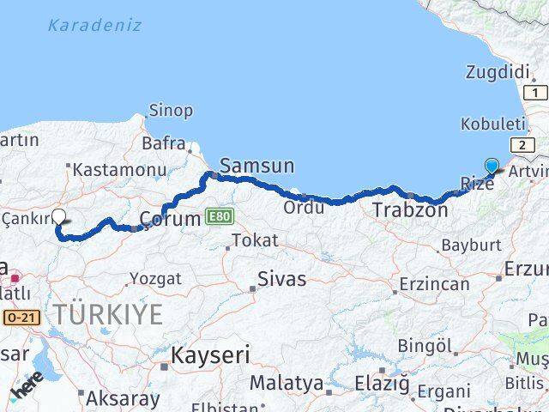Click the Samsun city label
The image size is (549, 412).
(x=256, y=166)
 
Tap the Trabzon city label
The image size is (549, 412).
(x=410, y=209)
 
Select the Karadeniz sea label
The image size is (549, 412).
(x=94, y=25)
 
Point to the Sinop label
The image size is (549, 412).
(x=171, y=110)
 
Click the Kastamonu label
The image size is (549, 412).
(x=119, y=170)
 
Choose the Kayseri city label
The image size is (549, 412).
(x=210, y=354)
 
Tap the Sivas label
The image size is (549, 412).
(x=282, y=279)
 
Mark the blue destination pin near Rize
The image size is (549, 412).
(x=492, y=166)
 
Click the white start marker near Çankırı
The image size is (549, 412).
(x=59, y=217)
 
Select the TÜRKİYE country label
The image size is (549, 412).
(x=106, y=315)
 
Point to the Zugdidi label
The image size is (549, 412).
(x=497, y=72)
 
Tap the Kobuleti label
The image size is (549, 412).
(x=492, y=124)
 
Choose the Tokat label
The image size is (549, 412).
(x=255, y=240)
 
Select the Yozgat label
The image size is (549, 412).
(x=155, y=278)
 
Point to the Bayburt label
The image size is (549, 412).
(x=471, y=245)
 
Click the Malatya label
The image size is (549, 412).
(x=286, y=383)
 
